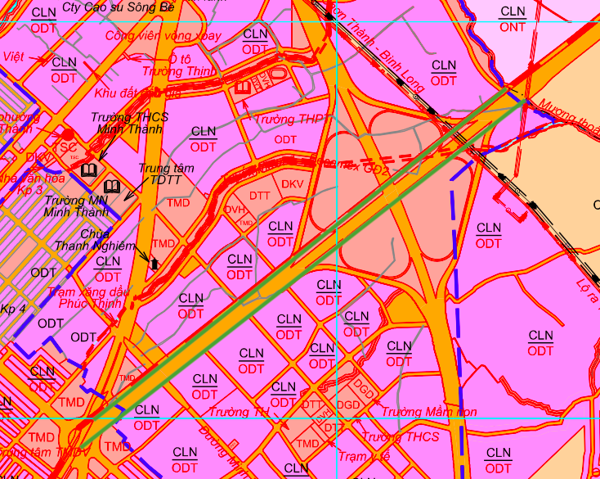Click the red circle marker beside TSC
pos(68,133)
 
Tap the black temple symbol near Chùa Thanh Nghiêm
pos(153,262)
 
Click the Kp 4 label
pos(15,309)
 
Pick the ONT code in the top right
pos(513,27)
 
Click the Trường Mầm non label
pos(428,412)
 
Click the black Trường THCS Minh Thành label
pos(131,123)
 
